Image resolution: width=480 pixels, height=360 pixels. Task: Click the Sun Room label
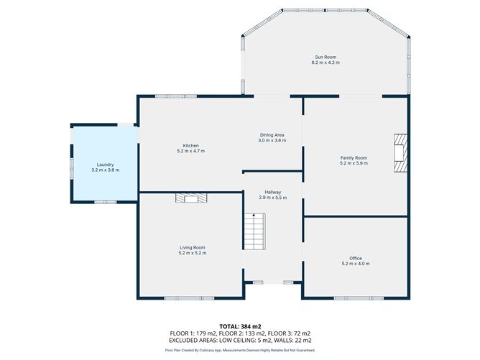pyautogui.click(x=326, y=57)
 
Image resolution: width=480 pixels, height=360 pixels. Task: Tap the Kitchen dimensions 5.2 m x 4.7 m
pyautogui.click(x=190, y=151)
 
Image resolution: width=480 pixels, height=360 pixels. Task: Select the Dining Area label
pyautogui.click(x=272, y=135)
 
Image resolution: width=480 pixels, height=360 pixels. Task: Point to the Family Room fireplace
pyautogui.click(x=400, y=152)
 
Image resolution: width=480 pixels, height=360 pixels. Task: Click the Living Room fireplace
pyautogui.click(x=191, y=198)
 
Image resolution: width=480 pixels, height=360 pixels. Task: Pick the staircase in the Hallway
pyautogui.click(x=254, y=231)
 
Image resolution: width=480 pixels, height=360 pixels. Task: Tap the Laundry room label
pyautogui.click(x=106, y=165)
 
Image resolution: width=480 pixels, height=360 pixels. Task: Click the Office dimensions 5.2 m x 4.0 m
pyautogui.click(x=356, y=264)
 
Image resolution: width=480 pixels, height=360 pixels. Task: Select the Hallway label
pyautogui.click(x=273, y=193)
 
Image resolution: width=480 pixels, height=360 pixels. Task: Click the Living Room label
pyautogui.click(x=193, y=248)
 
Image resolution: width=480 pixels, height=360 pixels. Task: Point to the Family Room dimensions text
pyautogui.click(x=354, y=163)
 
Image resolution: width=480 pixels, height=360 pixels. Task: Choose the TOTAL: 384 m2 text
pyautogui.click(x=240, y=327)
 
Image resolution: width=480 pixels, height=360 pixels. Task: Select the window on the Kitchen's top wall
pyautogui.click(x=176, y=96)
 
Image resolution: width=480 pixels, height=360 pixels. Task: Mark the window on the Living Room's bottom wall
pyautogui.click(x=189, y=298)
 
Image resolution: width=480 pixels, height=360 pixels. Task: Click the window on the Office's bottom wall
pyautogui.click(x=359, y=298)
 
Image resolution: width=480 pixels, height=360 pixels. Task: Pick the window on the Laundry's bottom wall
pyautogui.click(x=106, y=202)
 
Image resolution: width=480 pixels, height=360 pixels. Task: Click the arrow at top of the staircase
pyautogui.click(x=254, y=215)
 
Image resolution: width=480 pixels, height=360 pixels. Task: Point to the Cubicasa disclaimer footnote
pyautogui.click(x=240, y=350)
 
